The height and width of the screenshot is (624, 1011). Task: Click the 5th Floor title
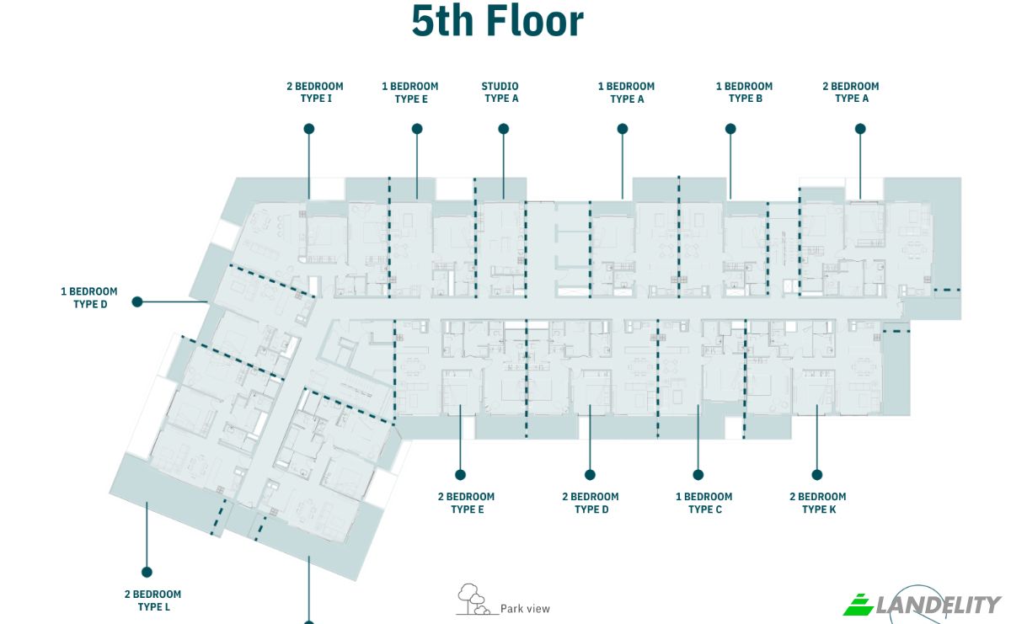[x=497, y=21]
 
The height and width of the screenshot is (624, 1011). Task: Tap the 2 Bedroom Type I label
[x=315, y=92]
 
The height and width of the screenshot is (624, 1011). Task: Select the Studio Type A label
[x=500, y=92]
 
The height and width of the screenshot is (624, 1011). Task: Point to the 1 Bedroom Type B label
[x=744, y=92]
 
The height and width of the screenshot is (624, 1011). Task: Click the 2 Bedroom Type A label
[x=851, y=92]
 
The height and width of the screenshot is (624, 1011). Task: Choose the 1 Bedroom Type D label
[x=89, y=298]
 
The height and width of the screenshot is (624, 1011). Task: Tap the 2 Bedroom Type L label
[x=153, y=600]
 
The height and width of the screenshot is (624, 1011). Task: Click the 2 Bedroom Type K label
[x=818, y=503]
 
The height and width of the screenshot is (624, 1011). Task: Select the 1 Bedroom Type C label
[x=704, y=503]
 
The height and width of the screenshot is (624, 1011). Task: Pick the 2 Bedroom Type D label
[x=591, y=503]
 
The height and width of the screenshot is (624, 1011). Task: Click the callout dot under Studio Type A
[x=504, y=129]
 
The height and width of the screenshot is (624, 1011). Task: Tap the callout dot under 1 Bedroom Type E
[x=417, y=129]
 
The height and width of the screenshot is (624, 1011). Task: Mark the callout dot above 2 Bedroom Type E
[x=460, y=475]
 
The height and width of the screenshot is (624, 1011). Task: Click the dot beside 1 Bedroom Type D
[x=137, y=301]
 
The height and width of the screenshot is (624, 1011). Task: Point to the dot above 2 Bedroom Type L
[x=147, y=572]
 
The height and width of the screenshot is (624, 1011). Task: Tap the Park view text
[x=526, y=609]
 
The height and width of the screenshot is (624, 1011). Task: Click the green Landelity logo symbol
[x=859, y=605]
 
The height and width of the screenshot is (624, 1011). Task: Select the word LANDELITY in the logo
[x=939, y=605]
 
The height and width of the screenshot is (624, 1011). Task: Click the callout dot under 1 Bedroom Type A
[x=623, y=129]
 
